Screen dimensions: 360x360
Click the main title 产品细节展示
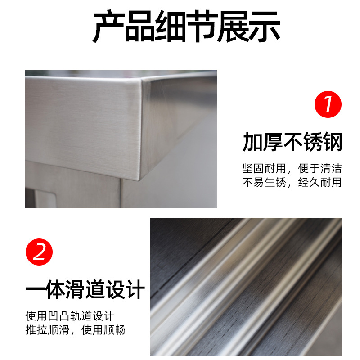tap(186, 26)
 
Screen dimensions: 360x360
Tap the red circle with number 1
tap(328, 104)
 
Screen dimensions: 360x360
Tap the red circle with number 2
tap(39, 252)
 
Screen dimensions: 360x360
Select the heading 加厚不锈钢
tap(292, 142)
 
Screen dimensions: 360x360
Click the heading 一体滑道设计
tap(85, 289)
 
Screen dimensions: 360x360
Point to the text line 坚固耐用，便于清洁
tap(292, 168)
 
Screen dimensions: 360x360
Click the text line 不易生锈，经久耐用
tap(292, 183)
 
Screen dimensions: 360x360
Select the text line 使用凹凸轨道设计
tap(70, 316)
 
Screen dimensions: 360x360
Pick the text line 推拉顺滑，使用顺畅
tap(75, 330)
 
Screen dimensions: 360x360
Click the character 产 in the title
tap(108, 27)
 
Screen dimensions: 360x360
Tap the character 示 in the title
tap(265, 27)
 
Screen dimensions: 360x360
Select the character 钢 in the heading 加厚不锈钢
tap(332, 142)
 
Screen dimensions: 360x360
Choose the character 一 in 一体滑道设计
tap(35, 289)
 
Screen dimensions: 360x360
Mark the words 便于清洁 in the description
tap(320, 168)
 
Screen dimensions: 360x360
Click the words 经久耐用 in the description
tap(320, 183)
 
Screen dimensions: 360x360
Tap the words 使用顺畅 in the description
tap(103, 330)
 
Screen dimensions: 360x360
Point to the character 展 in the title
tap(233, 27)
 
